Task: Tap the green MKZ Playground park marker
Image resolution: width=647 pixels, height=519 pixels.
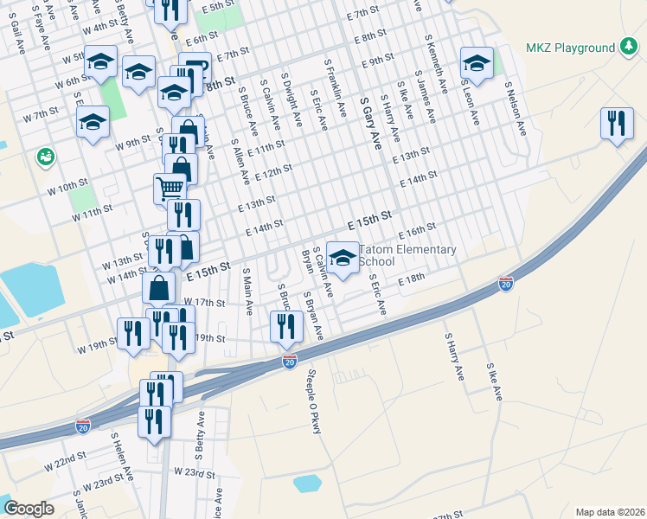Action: point(630,47)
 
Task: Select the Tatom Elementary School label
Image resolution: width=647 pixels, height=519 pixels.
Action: point(407,255)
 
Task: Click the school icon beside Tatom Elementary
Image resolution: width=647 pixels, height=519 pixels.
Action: point(343,259)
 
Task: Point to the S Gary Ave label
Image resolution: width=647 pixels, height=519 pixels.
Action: point(370,122)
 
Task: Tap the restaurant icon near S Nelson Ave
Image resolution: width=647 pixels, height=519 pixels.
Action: point(617,124)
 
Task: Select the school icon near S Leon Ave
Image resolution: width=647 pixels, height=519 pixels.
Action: point(477,61)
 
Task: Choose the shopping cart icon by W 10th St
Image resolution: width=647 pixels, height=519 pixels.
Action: point(170,188)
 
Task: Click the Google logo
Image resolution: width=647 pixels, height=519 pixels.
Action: point(29,509)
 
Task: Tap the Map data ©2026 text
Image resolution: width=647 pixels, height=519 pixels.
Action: point(609,511)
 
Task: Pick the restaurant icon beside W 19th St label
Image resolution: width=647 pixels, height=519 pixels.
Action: point(133,334)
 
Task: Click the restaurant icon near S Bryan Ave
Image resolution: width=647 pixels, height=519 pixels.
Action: point(286,325)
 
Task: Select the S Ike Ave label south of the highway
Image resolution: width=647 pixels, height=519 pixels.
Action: point(494,381)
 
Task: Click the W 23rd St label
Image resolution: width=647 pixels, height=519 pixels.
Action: point(194,473)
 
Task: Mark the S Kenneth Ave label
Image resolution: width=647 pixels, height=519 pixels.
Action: point(435,59)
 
